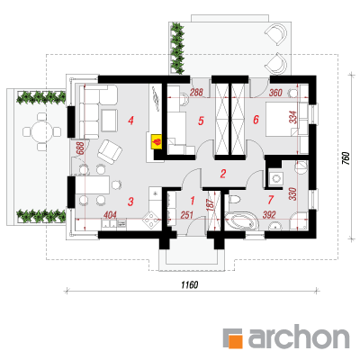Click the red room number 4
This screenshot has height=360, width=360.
pos(130,121)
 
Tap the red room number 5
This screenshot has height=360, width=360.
pos(201,121)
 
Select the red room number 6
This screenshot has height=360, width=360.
pos(256,120)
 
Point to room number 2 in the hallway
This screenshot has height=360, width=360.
pos(222,174)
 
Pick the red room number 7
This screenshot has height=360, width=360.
pos(271,200)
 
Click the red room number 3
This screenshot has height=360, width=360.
pos(130,202)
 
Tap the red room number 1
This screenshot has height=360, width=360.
pos(193,201)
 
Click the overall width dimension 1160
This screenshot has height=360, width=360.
pos(190,284)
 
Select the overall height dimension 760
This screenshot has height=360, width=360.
pos(346,158)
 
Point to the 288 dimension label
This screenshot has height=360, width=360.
pos(196,92)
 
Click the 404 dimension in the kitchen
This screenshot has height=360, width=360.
pos(110,215)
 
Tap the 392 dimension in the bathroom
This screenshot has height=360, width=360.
pos(269,215)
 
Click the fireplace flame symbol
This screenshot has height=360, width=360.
pos(157,141)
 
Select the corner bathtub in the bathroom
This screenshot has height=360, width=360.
pos(241,221)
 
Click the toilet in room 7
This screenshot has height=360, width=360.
pos(235,199)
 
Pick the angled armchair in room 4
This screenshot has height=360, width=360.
pos(110,152)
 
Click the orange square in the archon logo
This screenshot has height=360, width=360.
pos(236,341)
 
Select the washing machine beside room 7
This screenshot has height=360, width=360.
pos(275,179)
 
